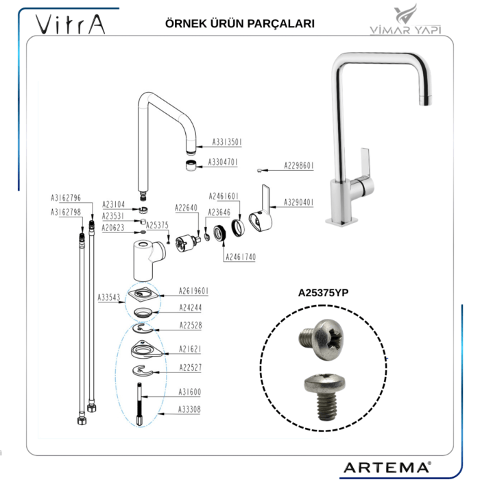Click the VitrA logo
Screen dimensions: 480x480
coord(71,25)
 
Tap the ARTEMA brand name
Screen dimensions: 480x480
coord(386,467)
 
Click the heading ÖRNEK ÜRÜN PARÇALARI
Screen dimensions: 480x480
coord(240,23)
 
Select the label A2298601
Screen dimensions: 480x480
coord(299,165)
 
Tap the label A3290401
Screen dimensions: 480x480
coord(299,202)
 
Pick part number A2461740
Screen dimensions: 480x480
coord(241,256)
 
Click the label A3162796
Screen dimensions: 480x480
coord(66,197)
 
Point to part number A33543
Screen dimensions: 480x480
coord(108,297)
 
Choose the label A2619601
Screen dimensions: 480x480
coord(194,290)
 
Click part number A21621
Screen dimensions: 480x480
coord(190,348)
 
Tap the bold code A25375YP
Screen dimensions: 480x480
coord(324,292)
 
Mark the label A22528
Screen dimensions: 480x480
coord(190,325)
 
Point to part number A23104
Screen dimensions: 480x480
coord(114,204)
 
